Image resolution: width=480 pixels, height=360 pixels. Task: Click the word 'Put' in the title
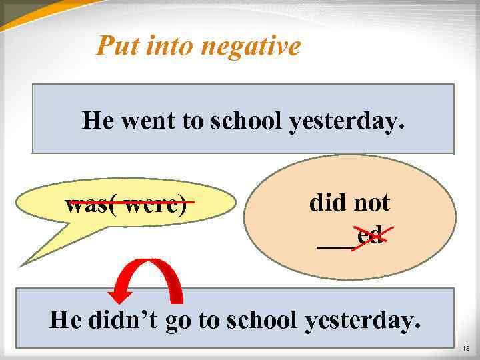pyautogui.click(x=115, y=46)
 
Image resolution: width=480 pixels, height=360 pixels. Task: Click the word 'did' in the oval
pyautogui.click(x=325, y=203)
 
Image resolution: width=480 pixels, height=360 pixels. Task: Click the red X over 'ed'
pyautogui.click(x=371, y=235)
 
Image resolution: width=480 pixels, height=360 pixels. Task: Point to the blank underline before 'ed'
pyautogui.click(x=335, y=245)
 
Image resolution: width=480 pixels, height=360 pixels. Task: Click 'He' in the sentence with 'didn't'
pyautogui.click(x=65, y=320)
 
